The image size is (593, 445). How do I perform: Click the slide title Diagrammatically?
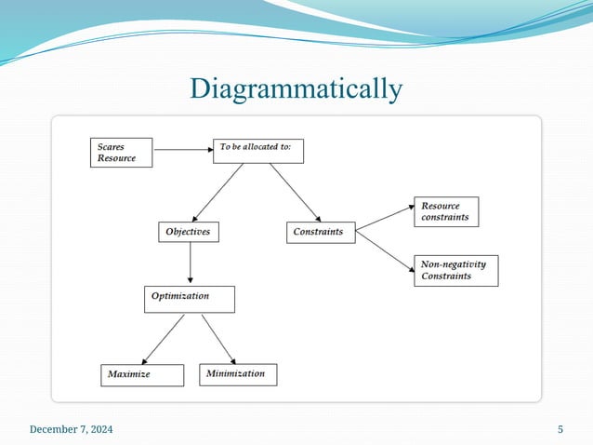pyautogui.click(x=296, y=89)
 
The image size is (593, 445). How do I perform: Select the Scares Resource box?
pyautogui.click(x=124, y=153)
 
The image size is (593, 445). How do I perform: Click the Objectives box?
pyautogui.click(x=188, y=232)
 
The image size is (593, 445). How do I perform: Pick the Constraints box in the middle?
pyautogui.click(x=320, y=232)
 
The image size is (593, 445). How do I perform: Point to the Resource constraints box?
pyautogui.click(x=446, y=211)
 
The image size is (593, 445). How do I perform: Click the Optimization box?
pyautogui.click(x=189, y=298)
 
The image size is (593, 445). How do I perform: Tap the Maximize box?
pyautogui.click(x=139, y=375)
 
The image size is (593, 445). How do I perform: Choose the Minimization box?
pyautogui.click(x=238, y=374)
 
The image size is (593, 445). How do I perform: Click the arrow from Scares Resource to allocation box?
pyautogui.click(x=182, y=148)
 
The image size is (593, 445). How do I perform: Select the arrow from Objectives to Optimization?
pyautogui.click(x=191, y=263)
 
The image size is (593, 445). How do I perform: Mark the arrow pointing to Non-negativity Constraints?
pyautogui.click(x=385, y=252)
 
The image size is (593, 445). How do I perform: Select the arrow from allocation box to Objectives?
pyautogui.click(x=219, y=191)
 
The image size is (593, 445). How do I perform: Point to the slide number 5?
pyautogui.click(x=560, y=429)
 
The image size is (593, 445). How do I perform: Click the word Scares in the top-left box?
pyautogui.click(x=112, y=146)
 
